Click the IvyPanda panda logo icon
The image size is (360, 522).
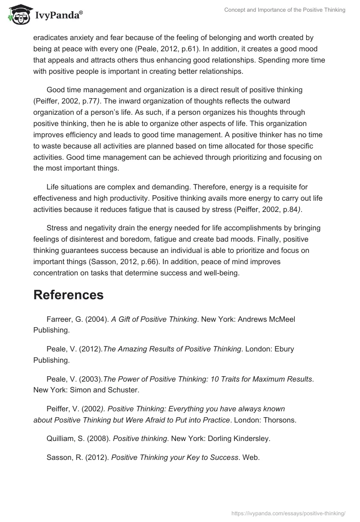pos(18,15)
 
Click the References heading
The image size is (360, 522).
pos(68,295)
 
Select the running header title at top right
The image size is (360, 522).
pos(284,10)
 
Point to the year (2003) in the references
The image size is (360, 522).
pos(91,378)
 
